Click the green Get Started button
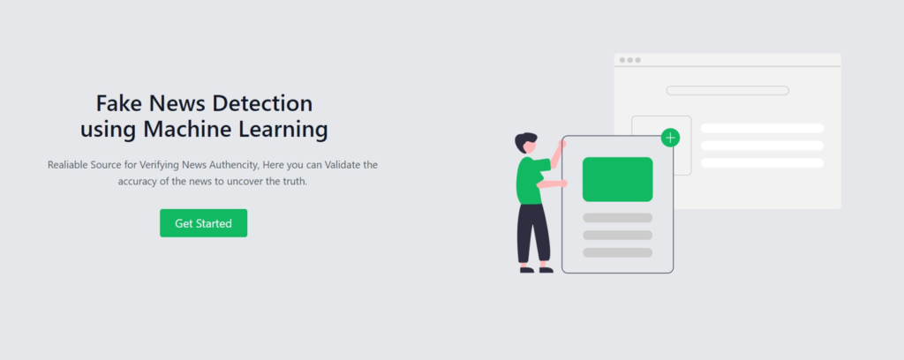click(x=203, y=223)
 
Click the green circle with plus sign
click(x=671, y=138)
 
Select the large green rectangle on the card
click(x=617, y=179)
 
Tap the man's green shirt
click(x=531, y=181)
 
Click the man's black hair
click(x=526, y=140)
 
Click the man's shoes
click(x=536, y=269)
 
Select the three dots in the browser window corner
click(x=629, y=60)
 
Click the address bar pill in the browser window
click(x=727, y=90)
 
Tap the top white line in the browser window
click(x=762, y=129)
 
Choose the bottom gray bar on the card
click(x=617, y=252)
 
